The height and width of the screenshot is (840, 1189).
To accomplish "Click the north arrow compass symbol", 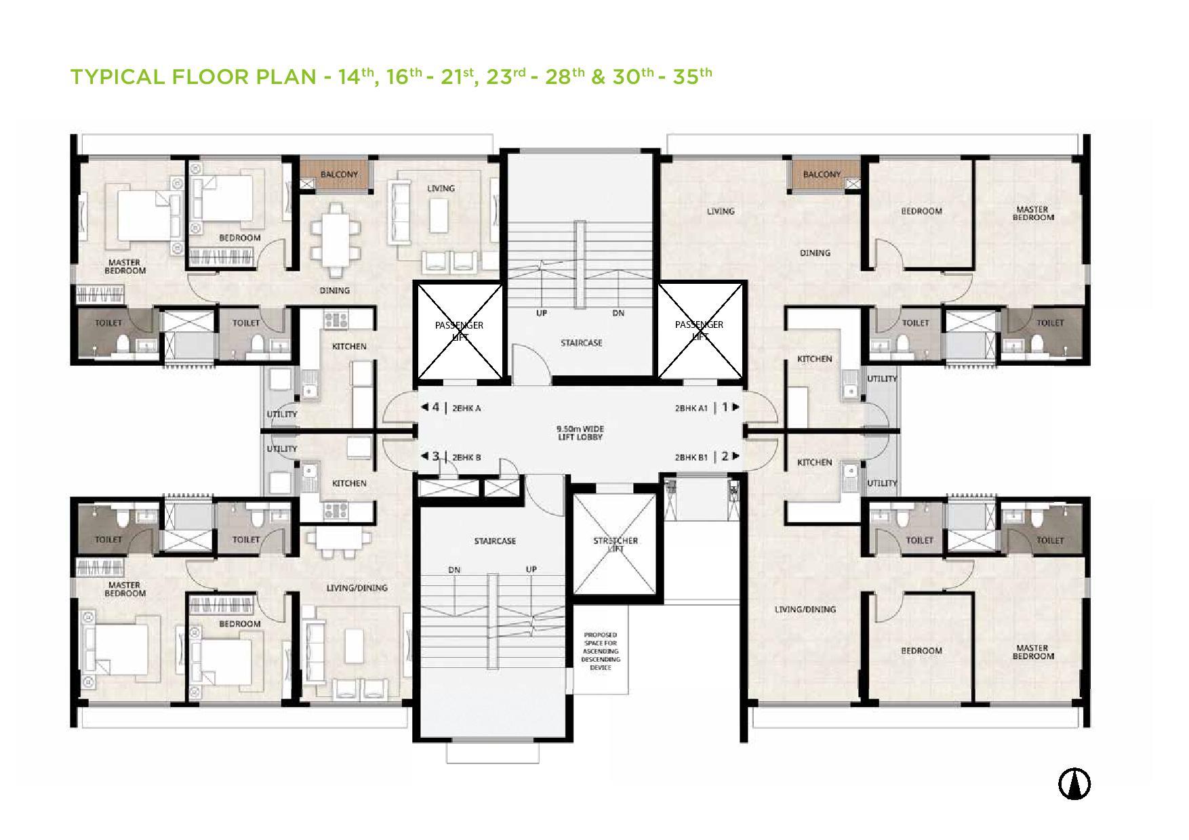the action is (x=1074, y=784).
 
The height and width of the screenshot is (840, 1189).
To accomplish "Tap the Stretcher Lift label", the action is (x=616, y=545).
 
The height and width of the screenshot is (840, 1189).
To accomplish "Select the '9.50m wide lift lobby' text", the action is (x=580, y=433).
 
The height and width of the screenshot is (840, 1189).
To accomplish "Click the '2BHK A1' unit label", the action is (x=691, y=408).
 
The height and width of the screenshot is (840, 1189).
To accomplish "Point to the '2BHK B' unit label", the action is (x=466, y=457).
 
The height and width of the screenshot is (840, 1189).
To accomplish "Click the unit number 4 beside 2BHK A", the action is (x=436, y=407).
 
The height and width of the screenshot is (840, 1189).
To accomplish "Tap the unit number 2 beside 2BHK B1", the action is (x=725, y=456).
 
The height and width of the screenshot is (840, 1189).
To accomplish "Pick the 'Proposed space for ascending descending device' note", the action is (x=601, y=651).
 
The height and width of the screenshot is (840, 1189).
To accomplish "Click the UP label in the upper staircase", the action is (x=542, y=313).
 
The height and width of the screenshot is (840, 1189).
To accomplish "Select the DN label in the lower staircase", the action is (x=454, y=570).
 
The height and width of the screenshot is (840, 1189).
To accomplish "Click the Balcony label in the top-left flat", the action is (x=339, y=174).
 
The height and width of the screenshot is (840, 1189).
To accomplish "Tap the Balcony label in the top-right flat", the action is (x=822, y=174).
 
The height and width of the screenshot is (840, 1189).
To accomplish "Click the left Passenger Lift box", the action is (x=460, y=331).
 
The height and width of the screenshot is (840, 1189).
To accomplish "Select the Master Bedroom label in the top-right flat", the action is (x=1033, y=213).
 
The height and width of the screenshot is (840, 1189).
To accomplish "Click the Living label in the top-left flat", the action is (x=441, y=188).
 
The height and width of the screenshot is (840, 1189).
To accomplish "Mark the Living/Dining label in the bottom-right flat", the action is (x=805, y=609).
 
